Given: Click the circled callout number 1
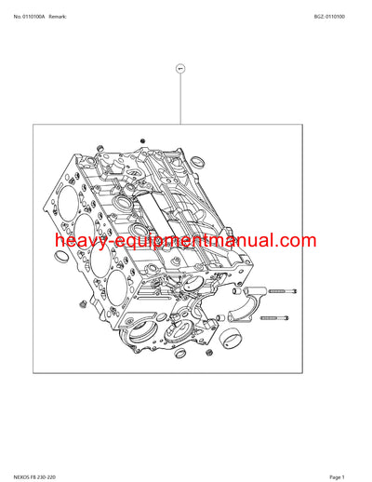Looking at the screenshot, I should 181,70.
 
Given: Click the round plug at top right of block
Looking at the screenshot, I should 248,169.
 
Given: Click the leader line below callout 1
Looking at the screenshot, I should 181,102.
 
